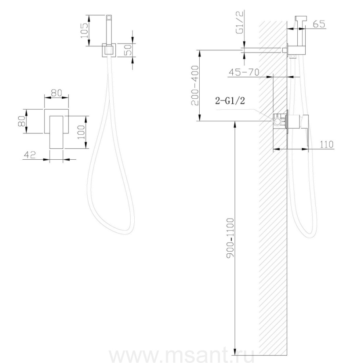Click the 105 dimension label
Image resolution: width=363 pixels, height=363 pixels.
coord(84,31)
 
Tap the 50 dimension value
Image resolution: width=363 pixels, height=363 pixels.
coord(128,50)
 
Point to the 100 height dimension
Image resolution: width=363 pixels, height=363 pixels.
coord(81,132)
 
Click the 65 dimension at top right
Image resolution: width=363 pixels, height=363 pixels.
coord(319,24)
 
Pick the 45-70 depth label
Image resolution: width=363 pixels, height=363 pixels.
coord(244,73)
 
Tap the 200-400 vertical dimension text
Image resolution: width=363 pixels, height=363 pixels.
coord(195,85)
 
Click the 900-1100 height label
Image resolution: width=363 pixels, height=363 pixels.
coord(231,237)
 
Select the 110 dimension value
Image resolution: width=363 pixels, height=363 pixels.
coord(327,144)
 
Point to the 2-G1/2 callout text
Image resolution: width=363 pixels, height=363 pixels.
coord(230,101)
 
